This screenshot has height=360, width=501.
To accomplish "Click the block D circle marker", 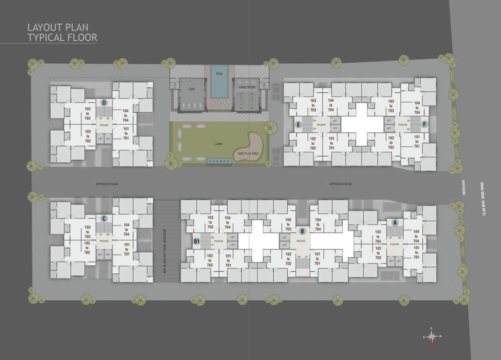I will (x=104, y=103).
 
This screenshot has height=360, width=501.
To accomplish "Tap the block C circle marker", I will (x=104, y=218).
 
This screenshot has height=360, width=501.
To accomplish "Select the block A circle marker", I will (x=395, y=222).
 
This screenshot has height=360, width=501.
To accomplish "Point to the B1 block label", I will (x=197, y=241).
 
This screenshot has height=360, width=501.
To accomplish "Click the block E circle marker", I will (x=298, y=125).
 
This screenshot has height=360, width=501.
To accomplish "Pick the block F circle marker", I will (x=424, y=125).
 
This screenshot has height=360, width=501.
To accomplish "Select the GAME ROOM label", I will (x=246, y=88).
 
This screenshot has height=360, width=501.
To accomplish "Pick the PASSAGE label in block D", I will (x=104, y=125).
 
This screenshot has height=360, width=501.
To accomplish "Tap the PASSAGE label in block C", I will (x=104, y=241).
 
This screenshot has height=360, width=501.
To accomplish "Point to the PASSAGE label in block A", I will (x=395, y=244).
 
